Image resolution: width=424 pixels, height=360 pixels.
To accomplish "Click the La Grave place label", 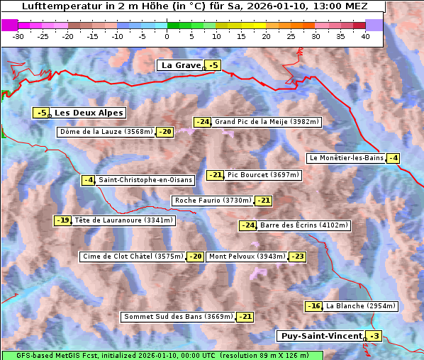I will pos(182,65).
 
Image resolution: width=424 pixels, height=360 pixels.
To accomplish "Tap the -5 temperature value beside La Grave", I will pos(213,66).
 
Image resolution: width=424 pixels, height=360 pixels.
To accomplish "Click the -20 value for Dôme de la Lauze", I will pos(165,132).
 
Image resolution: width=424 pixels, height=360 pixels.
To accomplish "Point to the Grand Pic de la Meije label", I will pos(267,122).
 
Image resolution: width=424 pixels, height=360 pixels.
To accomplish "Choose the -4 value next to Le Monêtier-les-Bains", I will pos(393,158).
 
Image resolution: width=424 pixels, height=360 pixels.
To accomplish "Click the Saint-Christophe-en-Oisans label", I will pos(145,180).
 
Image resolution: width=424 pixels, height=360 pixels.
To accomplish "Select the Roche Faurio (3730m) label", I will pos(213,201).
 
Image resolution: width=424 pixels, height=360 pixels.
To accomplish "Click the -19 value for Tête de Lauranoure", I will pos(63,220).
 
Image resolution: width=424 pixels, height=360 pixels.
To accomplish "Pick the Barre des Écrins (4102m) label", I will pos(304,225).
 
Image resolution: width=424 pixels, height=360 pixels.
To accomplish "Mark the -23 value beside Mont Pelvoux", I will pos(297,257).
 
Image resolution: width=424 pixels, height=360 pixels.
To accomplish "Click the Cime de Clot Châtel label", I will pos(133,257).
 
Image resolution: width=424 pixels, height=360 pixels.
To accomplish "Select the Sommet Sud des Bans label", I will pos(178,317).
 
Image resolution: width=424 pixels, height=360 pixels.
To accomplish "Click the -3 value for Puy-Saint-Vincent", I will pos(374,336).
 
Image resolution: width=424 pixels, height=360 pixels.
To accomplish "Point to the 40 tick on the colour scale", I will pos(365,36).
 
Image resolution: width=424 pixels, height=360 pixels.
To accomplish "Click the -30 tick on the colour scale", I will pos(18,36).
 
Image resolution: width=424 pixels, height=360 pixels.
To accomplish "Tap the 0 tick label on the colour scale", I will pos(167,36).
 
